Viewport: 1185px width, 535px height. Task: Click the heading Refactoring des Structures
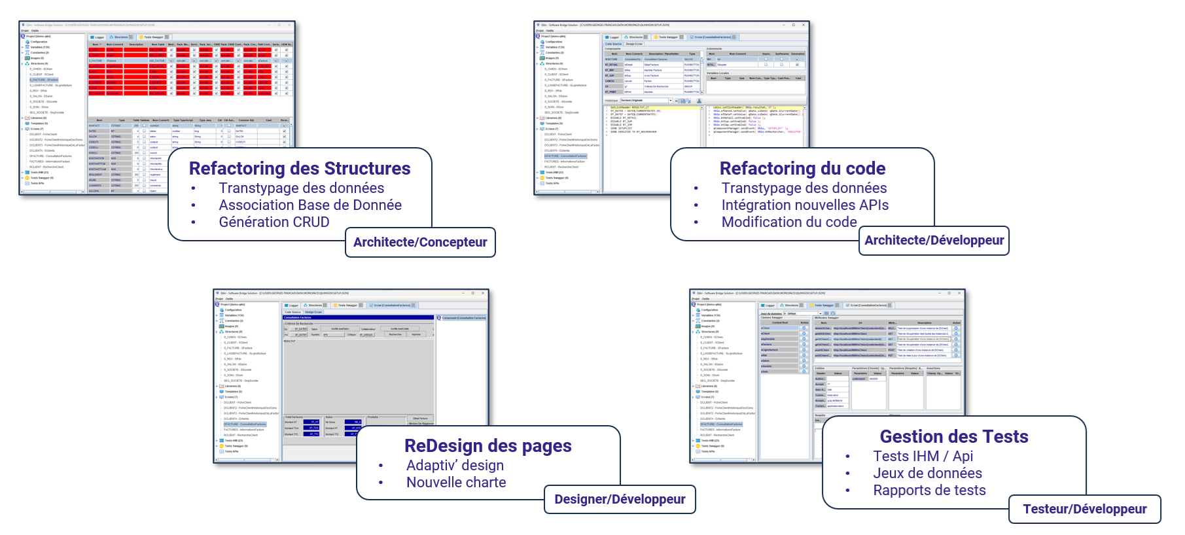click(300, 169)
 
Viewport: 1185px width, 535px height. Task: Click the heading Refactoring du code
click(802, 169)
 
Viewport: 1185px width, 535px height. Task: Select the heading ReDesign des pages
click(487, 446)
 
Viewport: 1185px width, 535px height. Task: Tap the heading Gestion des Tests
click(953, 437)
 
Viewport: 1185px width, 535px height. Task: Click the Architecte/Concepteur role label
click(420, 243)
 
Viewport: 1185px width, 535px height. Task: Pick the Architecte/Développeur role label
click(934, 241)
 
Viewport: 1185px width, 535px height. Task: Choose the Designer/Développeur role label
click(620, 500)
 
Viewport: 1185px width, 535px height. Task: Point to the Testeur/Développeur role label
click(1084, 509)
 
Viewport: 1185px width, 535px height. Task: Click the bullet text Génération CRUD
click(274, 222)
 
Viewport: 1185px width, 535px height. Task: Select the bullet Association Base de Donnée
click(310, 205)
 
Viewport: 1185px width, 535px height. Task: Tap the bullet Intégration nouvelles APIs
click(805, 205)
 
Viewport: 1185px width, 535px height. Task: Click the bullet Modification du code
click(789, 222)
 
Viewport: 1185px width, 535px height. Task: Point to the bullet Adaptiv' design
click(455, 466)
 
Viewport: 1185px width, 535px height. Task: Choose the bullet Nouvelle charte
click(456, 483)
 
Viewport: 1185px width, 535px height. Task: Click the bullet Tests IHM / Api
click(923, 457)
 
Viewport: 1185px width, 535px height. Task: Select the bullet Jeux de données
click(927, 474)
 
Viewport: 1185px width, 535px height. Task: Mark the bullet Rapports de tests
click(929, 491)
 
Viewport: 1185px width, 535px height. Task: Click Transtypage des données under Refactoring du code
click(804, 188)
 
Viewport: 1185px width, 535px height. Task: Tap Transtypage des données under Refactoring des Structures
click(302, 188)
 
